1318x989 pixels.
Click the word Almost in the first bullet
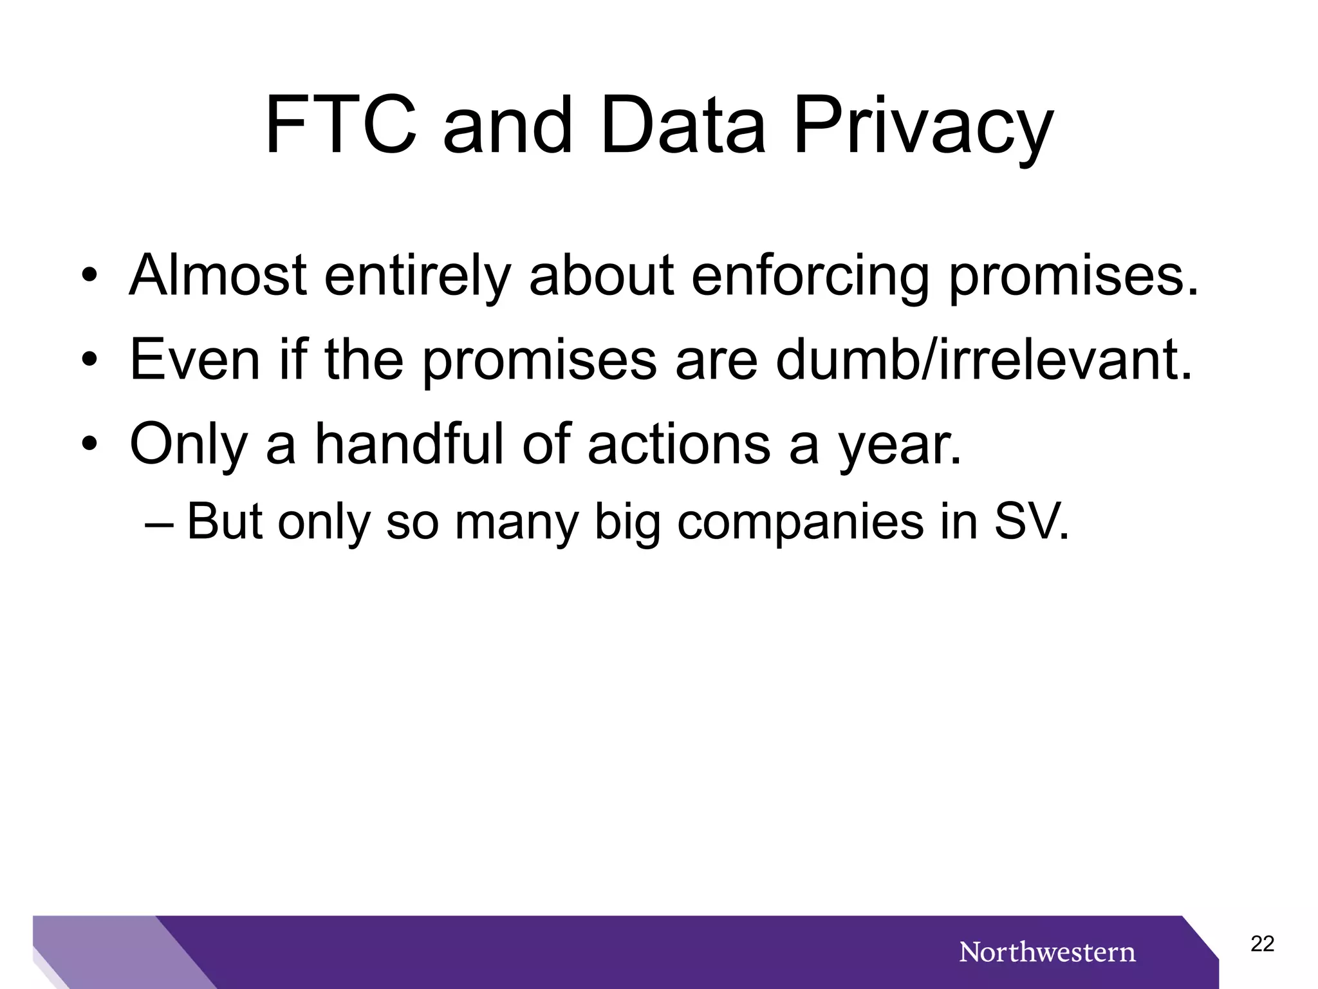(x=218, y=276)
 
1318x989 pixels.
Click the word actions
(x=679, y=444)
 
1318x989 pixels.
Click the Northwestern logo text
(x=1047, y=952)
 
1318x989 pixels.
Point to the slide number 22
(x=1262, y=944)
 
